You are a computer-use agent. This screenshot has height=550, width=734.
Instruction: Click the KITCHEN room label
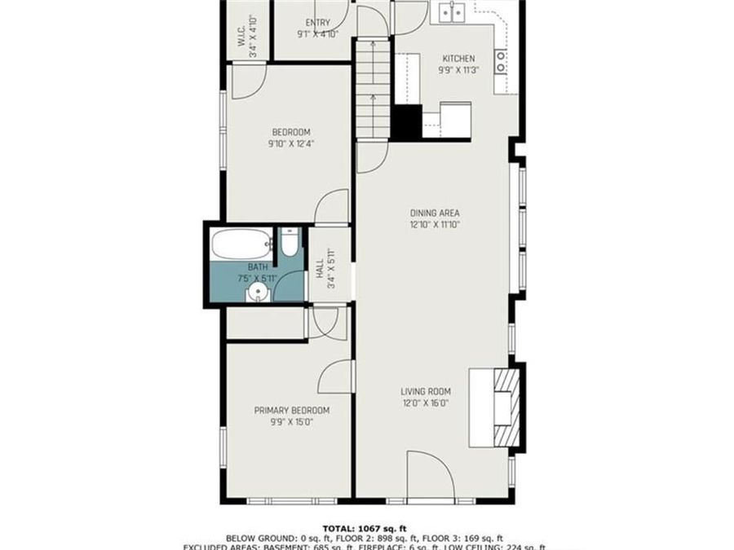(458, 59)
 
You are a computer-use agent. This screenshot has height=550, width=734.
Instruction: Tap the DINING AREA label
(435, 213)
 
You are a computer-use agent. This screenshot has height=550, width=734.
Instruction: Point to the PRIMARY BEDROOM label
(291, 411)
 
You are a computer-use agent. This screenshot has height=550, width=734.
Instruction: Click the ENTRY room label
(317, 23)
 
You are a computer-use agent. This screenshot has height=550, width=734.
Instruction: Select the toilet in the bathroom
(290, 241)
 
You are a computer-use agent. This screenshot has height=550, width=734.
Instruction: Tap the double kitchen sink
(451, 12)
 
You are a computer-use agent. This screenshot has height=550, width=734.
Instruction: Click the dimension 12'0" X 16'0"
(426, 403)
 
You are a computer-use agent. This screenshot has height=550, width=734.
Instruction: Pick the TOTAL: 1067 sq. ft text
(366, 527)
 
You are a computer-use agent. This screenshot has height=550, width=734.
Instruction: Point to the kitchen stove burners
(501, 60)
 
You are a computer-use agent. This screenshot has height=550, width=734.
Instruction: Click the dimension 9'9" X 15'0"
(291, 422)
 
